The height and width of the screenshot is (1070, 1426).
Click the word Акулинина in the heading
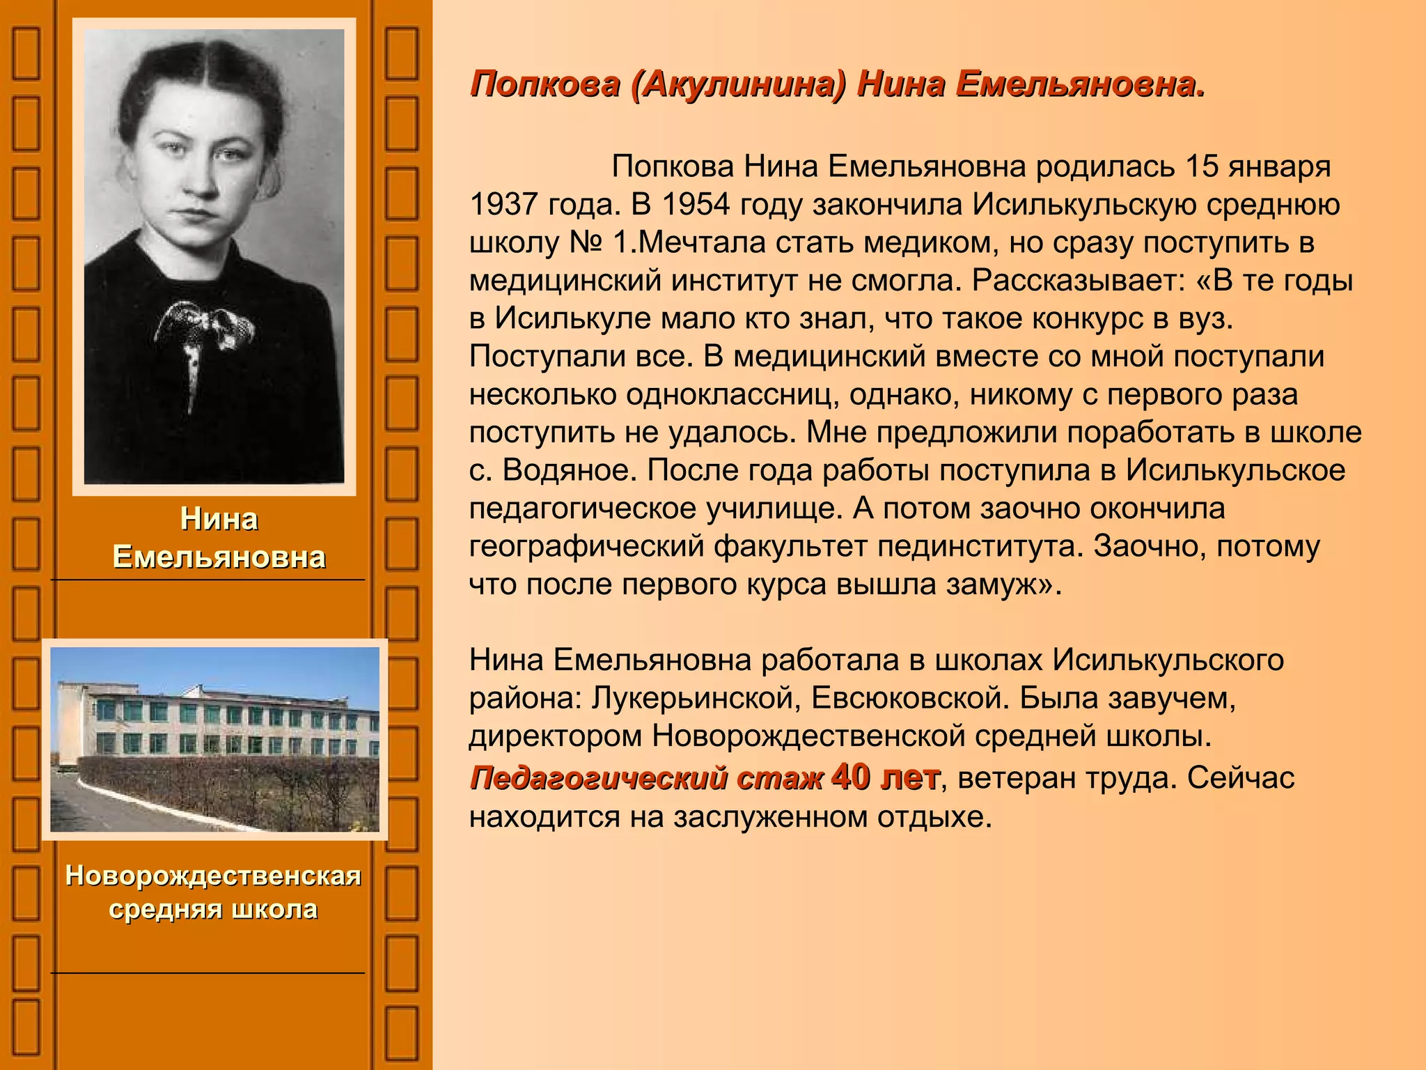738,85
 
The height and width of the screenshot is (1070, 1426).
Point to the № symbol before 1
585,242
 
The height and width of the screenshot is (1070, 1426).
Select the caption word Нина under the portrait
219,520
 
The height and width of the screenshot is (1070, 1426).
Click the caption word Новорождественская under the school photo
213,876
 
